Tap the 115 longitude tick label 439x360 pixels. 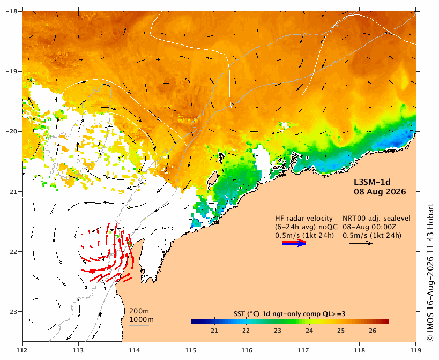(191, 350)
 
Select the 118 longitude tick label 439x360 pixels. (360, 350)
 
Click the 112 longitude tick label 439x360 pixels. (23, 350)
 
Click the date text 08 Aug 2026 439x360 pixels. (380, 192)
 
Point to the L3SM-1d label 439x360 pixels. (372, 182)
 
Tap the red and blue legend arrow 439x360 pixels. (294, 243)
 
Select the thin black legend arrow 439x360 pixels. (361, 243)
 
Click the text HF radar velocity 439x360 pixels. (304, 218)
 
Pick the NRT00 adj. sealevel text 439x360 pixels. (377, 218)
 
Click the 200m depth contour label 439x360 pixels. (139, 311)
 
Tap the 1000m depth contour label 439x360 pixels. (142, 319)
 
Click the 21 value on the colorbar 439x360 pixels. (214, 331)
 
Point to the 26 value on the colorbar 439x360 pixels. (373, 331)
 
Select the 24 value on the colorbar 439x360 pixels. (309, 331)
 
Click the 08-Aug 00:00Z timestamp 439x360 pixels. (369, 227)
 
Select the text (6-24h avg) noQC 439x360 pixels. (306, 227)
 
